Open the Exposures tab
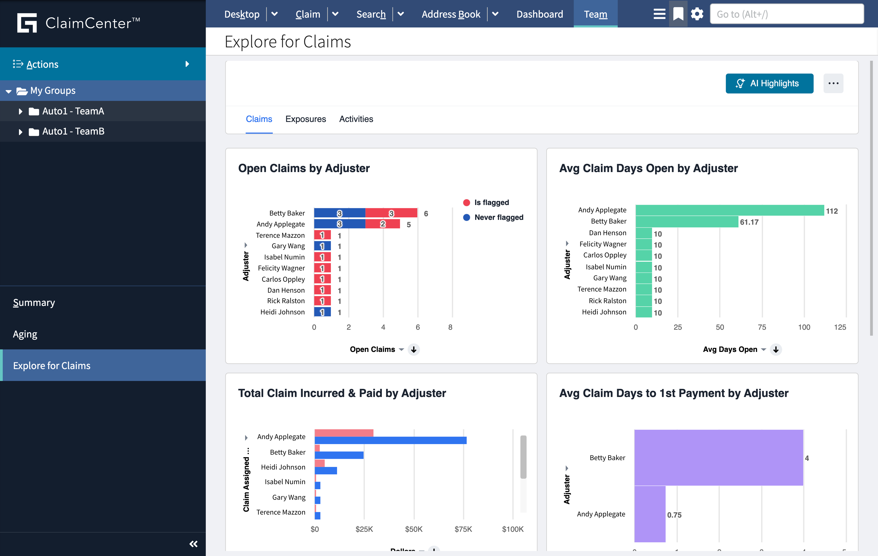click(x=305, y=119)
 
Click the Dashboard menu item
click(x=539, y=14)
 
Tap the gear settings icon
click(x=697, y=14)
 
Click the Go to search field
click(x=787, y=14)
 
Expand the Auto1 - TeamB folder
click(x=20, y=131)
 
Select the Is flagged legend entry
click(x=491, y=202)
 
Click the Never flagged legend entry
click(x=498, y=217)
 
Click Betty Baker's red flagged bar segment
click(x=391, y=213)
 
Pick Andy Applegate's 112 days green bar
click(x=729, y=210)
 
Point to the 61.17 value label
click(x=749, y=222)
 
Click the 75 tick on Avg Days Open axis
click(x=762, y=327)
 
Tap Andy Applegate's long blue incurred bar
click(x=390, y=440)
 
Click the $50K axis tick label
click(x=413, y=529)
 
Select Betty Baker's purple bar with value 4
click(x=718, y=457)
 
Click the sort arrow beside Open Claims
click(x=413, y=350)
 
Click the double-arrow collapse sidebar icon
click(x=193, y=544)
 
